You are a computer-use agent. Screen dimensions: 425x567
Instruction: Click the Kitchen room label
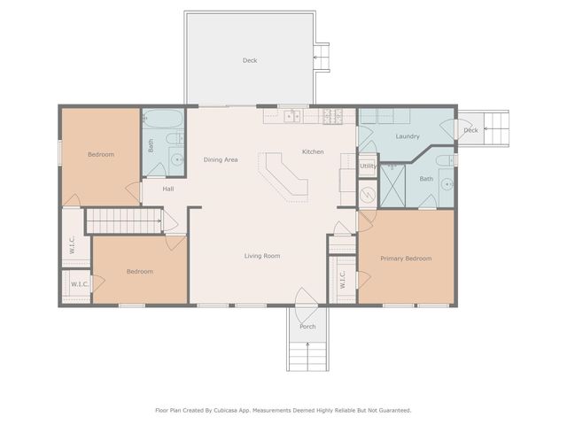pos(313,151)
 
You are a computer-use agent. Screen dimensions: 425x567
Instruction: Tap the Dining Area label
pos(221,159)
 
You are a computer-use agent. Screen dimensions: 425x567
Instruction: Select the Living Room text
pos(262,256)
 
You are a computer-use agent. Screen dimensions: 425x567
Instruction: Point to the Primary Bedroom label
pos(406,259)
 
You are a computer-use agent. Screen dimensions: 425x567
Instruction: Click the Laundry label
pos(408,136)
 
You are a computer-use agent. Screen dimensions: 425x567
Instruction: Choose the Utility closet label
pos(368,166)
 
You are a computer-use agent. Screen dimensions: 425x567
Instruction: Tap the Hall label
pos(167,188)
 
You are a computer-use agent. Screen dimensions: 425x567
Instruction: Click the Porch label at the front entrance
pos(307,326)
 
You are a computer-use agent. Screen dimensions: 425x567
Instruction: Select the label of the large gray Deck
pos(250,60)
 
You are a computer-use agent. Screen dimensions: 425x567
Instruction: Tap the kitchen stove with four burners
pos(333,116)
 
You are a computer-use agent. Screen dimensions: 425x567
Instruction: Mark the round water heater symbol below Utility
pos(368,194)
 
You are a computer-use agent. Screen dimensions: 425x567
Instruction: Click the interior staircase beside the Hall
pos(122,220)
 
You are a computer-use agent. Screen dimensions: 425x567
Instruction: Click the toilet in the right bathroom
pos(443,161)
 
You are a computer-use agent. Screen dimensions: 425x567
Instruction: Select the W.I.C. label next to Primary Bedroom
pos(342,279)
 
